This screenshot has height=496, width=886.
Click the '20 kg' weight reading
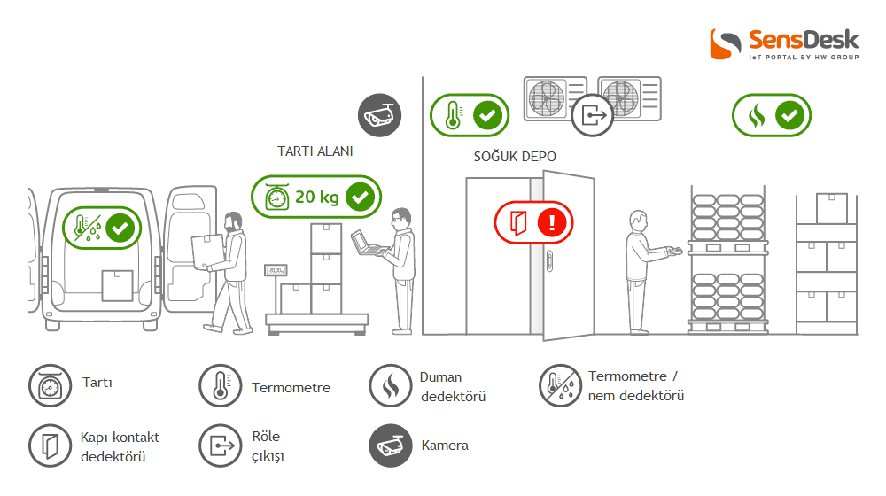click(317, 197)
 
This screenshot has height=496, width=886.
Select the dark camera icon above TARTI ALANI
click(380, 115)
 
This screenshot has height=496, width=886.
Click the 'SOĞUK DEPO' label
click(515, 157)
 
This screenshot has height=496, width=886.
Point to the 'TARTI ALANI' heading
click(315, 151)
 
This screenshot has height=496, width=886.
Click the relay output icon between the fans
click(593, 114)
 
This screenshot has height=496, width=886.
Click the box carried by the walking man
click(206, 250)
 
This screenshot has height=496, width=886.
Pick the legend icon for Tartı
click(50, 385)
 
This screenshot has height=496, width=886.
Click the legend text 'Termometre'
click(291, 387)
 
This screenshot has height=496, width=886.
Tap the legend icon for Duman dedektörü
click(391, 385)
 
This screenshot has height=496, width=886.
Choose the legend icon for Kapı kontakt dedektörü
click(50, 445)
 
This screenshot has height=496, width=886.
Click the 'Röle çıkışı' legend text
click(268, 446)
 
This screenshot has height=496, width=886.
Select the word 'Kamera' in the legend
click(445, 445)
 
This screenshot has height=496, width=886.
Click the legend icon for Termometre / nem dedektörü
click(560, 385)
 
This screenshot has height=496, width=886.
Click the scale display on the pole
click(277, 270)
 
